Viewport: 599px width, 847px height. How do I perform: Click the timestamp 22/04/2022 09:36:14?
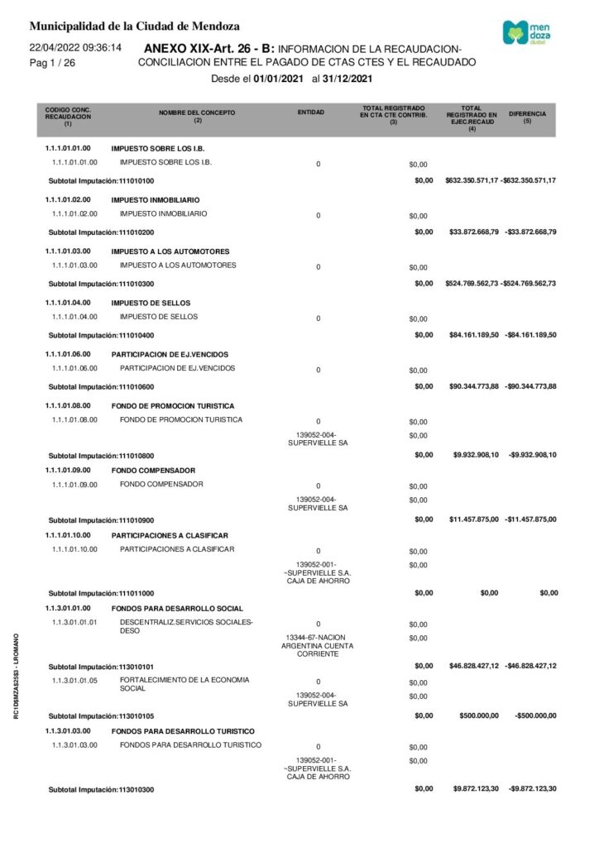point(75,48)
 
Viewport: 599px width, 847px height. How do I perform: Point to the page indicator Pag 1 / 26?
point(52,63)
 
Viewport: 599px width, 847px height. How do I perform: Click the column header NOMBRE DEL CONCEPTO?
point(197,114)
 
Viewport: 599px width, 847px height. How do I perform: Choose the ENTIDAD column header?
point(310,112)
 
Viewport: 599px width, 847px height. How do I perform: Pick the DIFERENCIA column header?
point(532,114)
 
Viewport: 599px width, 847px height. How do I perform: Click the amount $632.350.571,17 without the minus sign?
point(471,180)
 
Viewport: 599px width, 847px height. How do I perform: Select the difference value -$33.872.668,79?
point(530,232)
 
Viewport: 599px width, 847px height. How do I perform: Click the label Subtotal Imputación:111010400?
point(102,335)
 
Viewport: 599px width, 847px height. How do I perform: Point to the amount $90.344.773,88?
point(472,386)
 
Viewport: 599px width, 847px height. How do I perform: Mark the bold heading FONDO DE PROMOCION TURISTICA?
point(173,406)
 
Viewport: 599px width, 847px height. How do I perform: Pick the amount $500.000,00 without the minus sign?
point(478,716)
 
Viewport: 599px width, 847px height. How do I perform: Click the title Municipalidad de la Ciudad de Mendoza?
point(135,26)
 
